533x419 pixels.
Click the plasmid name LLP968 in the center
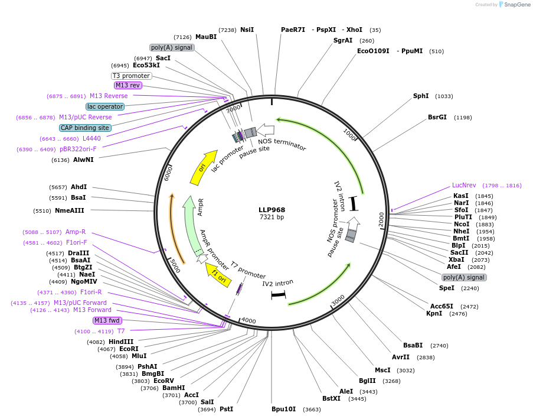pos(272,210)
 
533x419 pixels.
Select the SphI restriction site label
pos(421,96)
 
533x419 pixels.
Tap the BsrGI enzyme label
pos(437,117)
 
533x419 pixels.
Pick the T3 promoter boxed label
pos(131,76)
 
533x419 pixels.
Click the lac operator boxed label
pos(105,106)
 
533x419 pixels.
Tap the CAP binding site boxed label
pos(85,128)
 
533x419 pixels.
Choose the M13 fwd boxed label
pos(107,320)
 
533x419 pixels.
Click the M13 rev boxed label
pos(127,86)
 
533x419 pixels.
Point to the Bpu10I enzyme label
pos(284,409)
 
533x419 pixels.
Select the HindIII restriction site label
pos(121,342)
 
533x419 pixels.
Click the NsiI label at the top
pos(247,30)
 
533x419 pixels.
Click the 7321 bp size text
pos(272,217)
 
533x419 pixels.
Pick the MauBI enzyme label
pos(206,37)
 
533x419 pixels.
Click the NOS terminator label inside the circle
pos(282,142)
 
